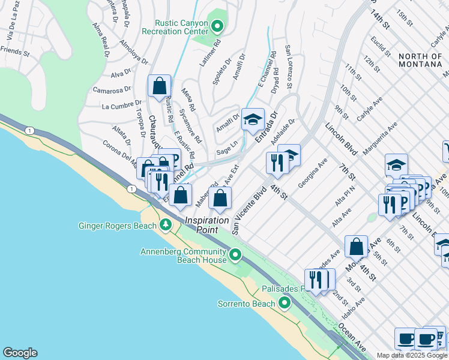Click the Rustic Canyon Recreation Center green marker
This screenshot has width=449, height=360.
coord(217,26)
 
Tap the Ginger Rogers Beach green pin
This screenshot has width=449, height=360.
coord(166,226)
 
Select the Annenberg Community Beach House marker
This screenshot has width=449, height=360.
coord(236,256)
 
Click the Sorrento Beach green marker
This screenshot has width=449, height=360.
coord(285,302)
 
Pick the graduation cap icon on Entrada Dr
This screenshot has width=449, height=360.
coord(253,119)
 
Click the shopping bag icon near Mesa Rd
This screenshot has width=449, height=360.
coord(160,86)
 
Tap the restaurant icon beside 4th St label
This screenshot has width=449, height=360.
coord(277,163)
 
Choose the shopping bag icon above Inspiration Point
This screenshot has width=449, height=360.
coord(220,198)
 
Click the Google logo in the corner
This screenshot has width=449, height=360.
coord(20,353)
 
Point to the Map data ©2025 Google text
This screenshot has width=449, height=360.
coord(412,355)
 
